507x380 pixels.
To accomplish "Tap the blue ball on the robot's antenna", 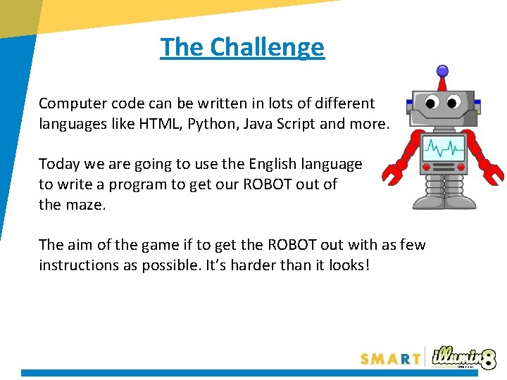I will (x=442, y=70).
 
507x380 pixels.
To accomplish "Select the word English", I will (x=273, y=164).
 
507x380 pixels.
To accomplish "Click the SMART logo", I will (x=390, y=358).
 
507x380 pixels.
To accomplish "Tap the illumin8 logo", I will (x=465, y=356).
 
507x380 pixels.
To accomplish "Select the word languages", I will (x=73, y=124).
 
